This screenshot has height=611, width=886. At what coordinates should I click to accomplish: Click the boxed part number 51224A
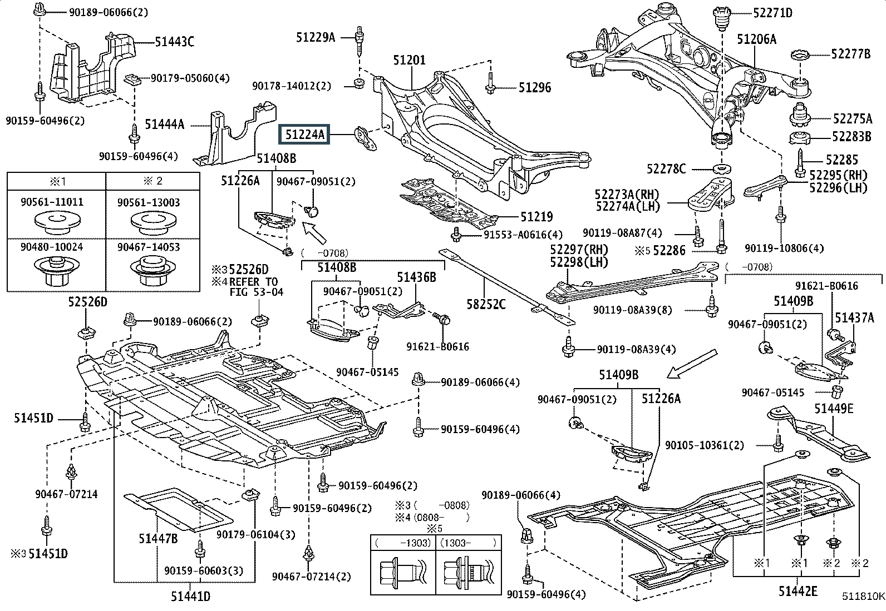(304, 135)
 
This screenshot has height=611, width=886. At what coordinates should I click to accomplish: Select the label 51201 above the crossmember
(410, 60)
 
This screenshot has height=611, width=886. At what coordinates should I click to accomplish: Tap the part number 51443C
(174, 42)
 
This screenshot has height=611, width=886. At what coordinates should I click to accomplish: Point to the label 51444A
(165, 125)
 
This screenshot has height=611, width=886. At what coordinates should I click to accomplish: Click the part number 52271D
(773, 13)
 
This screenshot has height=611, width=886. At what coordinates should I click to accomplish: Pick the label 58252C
(486, 304)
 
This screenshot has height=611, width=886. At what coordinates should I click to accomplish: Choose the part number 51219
(536, 217)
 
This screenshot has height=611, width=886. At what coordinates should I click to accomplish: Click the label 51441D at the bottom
(191, 596)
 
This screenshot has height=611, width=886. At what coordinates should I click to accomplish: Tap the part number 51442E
(798, 591)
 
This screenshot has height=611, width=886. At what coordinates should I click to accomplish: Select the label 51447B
(158, 538)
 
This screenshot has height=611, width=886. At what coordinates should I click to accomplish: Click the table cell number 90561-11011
(52, 202)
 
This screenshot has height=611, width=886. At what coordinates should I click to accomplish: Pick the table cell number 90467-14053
(149, 247)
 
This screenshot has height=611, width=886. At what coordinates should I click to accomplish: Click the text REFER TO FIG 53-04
(256, 287)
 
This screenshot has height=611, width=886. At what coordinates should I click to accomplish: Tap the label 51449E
(834, 409)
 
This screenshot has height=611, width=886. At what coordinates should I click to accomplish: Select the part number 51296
(535, 88)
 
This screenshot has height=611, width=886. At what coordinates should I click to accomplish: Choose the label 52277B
(851, 54)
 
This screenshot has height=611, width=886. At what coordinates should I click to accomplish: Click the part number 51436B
(416, 277)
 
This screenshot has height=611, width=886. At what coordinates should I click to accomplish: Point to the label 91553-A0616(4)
(523, 235)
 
